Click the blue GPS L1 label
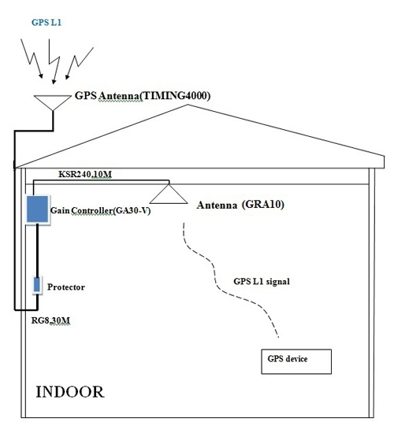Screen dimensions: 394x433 point(46,22)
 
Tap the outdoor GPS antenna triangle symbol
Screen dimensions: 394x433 point(53,101)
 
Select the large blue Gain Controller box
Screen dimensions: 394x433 point(37,209)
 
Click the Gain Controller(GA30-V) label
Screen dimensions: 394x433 point(100,211)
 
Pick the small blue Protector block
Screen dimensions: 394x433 point(37,285)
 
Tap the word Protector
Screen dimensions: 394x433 point(66,287)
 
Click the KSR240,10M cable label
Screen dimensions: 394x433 point(85,174)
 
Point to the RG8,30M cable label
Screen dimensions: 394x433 point(50,320)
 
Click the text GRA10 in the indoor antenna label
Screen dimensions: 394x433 point(262,205)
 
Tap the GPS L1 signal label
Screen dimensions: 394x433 point(262,281)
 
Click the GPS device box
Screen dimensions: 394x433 point(296,361)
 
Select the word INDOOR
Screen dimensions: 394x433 point(70,392)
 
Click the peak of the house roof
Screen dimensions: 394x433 point(188,105)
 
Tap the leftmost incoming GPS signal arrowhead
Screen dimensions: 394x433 point(41,76)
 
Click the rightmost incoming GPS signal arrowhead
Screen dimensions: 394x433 point(67,76)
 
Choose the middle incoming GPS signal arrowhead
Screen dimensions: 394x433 point(54,81)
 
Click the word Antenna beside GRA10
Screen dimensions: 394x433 point(217,205)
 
